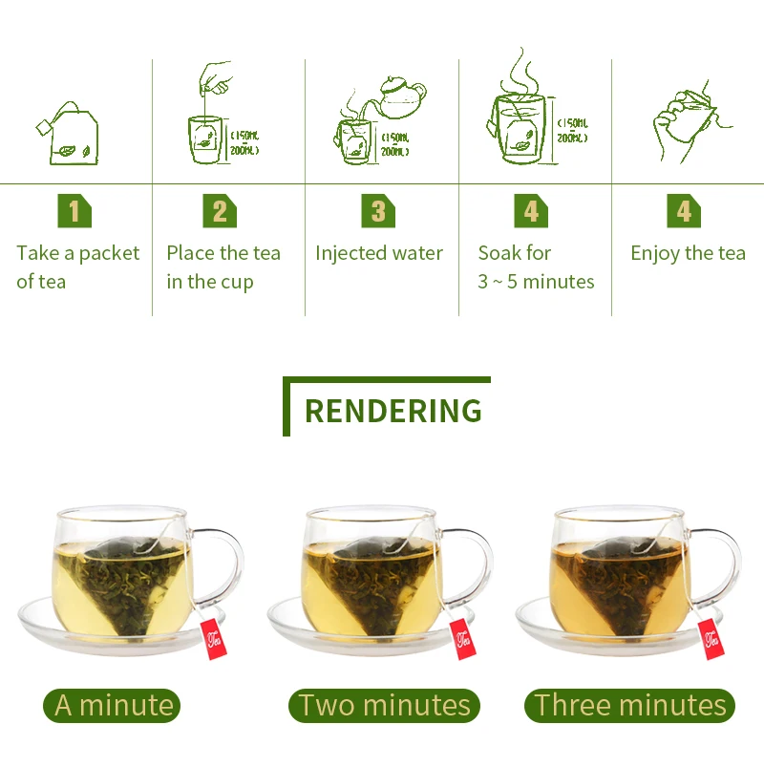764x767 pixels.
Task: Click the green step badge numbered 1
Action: pyautogui.click(x=74, y=211)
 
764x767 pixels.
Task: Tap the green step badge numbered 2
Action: pyautogui.click(x=220, y=211)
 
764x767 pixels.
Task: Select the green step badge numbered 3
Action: pyautogui.click(x=378, y=211)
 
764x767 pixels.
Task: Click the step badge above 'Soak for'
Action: pyautogui.click(x=531, y=211)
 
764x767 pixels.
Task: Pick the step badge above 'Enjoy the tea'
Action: pyautogui.click(x=684, y=211)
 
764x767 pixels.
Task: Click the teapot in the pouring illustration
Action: pyautogui.click(x=400, y=97)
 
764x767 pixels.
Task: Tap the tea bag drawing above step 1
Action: pyautogui.click(x=69, y=135)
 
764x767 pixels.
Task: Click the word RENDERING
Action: pyautogui.click(x=393, y=411)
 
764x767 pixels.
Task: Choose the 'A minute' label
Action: pyautogui.click(x=112, y=705)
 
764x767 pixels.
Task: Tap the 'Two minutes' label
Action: pyautogui.click(x=384, y=705)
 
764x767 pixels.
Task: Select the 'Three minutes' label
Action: pyautogui.click(x=629, y=705)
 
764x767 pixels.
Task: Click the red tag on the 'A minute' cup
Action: pyautogui.click(x=214, y=639)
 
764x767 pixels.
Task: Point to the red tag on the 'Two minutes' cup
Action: pyautogui.click(x=463, y=639)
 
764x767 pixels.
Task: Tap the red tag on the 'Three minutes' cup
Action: pyautogui.click(x=711, y=639)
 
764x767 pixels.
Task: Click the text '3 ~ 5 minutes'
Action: pyautogui.click(x=536, y=282)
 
